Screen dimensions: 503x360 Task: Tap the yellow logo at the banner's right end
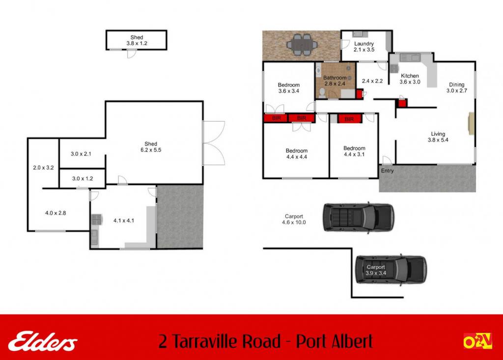click(x=477, y=341)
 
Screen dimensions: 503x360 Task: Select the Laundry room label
click(x=364, y=47)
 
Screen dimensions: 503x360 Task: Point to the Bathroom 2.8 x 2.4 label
click(x=335, y=81)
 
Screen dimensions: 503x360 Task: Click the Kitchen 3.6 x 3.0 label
click(x=410, y=79)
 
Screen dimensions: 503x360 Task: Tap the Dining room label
click(x=456, y=87)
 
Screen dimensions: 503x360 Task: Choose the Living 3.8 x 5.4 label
click(x=438, y=137)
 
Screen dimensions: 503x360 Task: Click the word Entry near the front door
click(x=387, y=171)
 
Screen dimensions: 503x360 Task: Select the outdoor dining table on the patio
click(x=302, y=45)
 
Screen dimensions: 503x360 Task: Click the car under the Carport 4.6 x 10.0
click(x=358, y=218)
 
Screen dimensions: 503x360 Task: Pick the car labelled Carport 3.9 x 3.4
click(x=391, y=270)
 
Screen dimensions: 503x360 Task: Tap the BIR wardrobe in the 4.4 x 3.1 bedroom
click(x=349, y=119)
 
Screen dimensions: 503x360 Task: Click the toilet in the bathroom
click(x=322, y=93)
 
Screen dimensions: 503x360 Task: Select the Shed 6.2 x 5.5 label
click(x=151, y=147)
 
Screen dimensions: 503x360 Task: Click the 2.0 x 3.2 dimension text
click(x=43, y=167)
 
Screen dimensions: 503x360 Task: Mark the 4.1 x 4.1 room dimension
click(x=124, y=221)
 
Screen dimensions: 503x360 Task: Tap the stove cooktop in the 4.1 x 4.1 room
click(x=97, y=220)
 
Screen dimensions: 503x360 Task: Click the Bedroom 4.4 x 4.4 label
click(x=296, y=154)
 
